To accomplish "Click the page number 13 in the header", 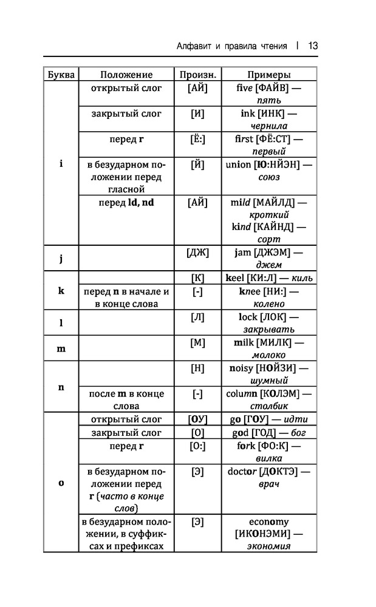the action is (313, 46).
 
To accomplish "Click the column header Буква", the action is (61, 75).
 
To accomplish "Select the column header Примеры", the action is (268, 75).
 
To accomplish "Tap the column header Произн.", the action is (197, 75).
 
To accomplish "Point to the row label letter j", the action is (61, 258).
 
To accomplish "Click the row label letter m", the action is (61, 349).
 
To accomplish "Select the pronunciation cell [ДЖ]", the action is (197, 253).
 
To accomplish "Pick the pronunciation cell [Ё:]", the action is (197, 140).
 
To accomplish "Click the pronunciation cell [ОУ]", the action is (197, 419).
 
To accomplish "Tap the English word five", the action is (244, 88).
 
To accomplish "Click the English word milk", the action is (244, 342).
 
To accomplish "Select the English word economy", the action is (268, 522).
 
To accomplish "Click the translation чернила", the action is (268, 126).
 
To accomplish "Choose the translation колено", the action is (268, 304).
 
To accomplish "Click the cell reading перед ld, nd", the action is (126, 203).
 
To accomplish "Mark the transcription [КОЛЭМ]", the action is (281, 394).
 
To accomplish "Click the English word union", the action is (238, 165).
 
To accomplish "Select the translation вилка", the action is (268, 459).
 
